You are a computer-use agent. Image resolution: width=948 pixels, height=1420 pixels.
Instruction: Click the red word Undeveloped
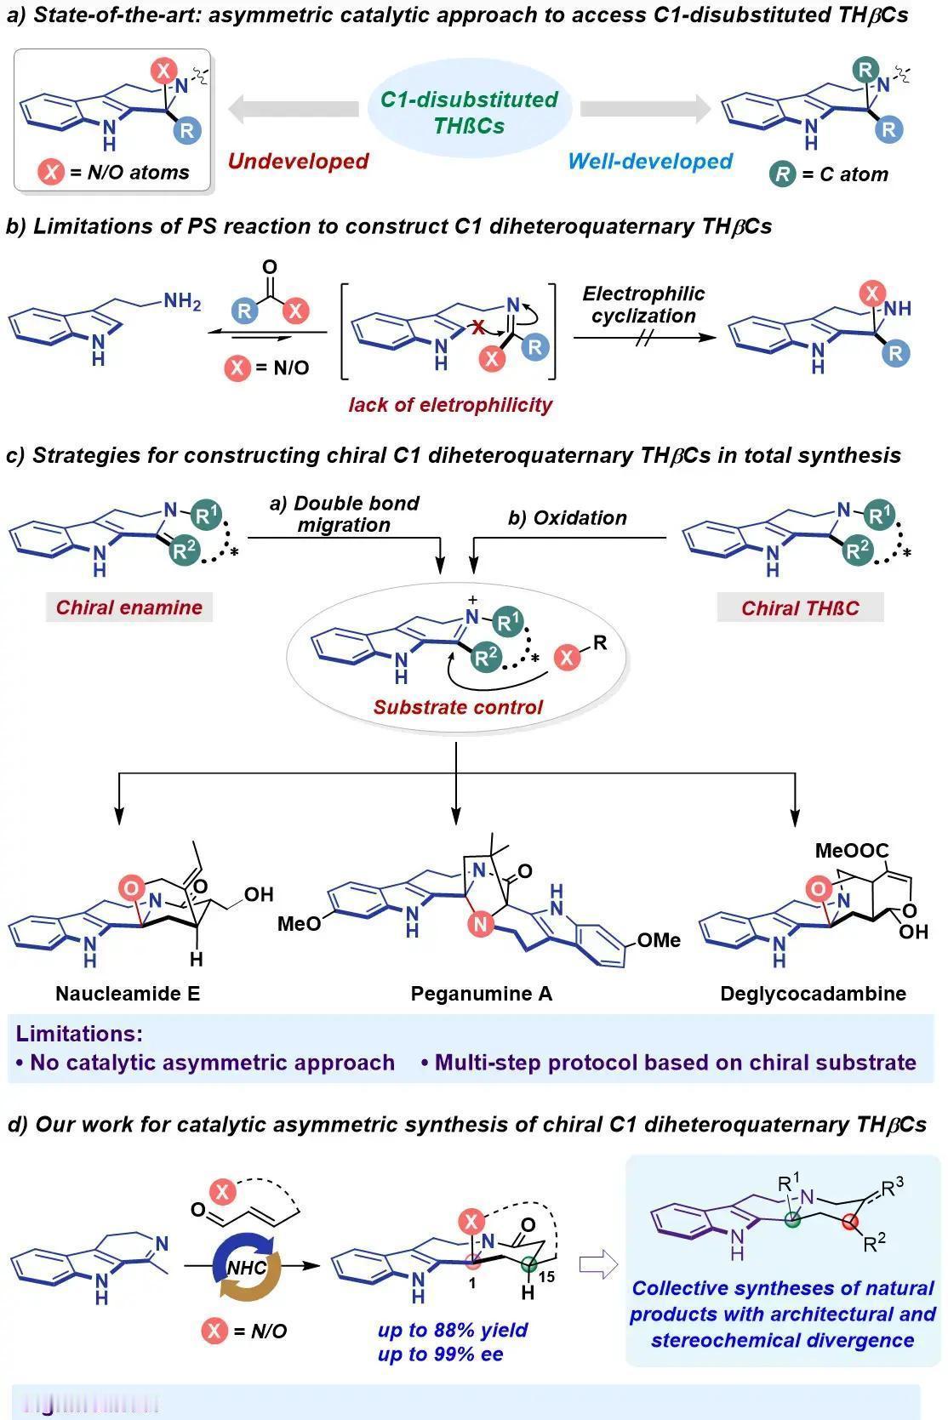(x=298, y=161)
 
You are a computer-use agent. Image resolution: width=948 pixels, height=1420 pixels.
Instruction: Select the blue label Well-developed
(x=650, y=161)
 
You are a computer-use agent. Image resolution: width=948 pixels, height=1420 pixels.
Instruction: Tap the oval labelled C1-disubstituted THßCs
(x=469, y=112)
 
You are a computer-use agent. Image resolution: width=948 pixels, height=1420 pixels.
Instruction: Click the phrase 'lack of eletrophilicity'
(x=450, y=404)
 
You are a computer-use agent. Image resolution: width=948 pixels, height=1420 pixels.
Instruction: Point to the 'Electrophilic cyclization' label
(x=643, y=305)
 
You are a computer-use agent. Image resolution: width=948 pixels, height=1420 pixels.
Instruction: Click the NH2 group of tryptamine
(x=181, y=301)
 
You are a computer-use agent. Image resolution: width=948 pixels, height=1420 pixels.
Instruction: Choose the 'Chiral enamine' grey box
(x=129, y=607)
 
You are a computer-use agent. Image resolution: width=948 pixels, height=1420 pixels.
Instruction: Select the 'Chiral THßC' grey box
(x=800, y=608)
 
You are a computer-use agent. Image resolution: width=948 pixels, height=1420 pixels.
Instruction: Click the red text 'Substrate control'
(x=458, y=707)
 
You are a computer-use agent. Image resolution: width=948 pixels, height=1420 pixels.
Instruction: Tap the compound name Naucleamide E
(x=128, y=993)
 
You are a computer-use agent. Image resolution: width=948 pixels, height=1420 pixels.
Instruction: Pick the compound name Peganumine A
(x=482, y=993)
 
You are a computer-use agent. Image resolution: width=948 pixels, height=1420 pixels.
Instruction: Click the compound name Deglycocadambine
(x=813, y=993)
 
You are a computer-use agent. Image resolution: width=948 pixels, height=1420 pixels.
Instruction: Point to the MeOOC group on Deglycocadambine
(x=851, y=850)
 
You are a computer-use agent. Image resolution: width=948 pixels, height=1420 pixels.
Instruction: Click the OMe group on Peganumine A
(x=659, y=940)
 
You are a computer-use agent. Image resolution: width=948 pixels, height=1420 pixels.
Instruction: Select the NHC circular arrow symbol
(x=246, y=1267)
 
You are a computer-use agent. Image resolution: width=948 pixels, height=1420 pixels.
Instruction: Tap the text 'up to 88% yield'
(x=453, y=1330)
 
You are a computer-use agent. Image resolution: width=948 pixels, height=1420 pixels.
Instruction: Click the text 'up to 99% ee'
(x=440, y=1354)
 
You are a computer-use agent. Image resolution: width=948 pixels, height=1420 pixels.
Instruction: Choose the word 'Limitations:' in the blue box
(x=79, y=1034)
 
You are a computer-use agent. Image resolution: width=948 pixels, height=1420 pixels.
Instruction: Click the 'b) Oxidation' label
(x=568, y=518)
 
